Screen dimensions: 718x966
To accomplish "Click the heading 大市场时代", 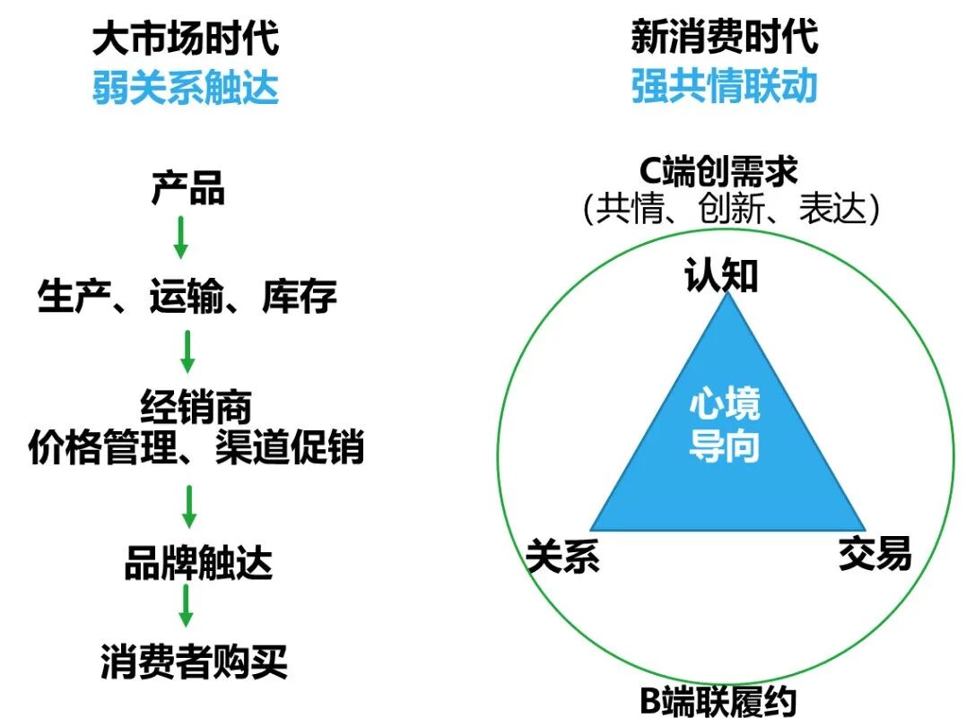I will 186,39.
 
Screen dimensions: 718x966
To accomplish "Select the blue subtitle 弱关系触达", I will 186,88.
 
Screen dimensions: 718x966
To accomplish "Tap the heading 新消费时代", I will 724,39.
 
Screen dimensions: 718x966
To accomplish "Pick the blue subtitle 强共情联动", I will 724,88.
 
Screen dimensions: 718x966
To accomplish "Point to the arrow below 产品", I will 180,237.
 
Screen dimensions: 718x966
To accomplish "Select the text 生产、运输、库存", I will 187,296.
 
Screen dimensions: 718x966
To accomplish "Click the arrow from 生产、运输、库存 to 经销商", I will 187,351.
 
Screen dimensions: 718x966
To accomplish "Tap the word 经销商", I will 196,408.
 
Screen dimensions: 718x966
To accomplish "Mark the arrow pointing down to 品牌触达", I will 188,506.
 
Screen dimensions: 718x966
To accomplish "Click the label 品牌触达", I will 197,564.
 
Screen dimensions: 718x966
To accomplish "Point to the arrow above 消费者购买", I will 186,605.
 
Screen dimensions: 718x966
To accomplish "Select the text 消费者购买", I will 194,662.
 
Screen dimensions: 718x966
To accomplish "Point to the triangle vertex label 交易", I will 875,553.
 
